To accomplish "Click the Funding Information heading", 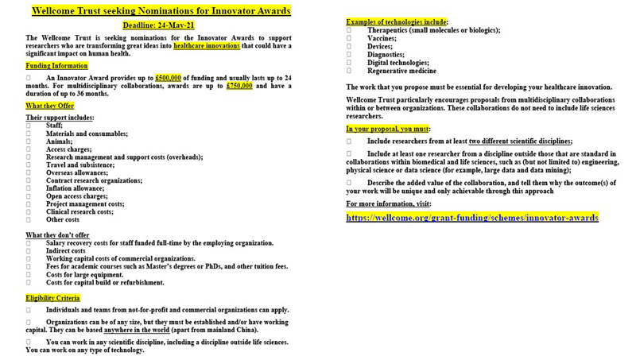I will tap(56, 66).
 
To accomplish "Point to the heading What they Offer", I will tap(49, 106).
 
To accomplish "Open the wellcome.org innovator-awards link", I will tap(472, 217).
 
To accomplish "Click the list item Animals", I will tap(60, 141).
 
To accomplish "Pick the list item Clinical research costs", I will tap(79, 211).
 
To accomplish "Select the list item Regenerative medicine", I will tap(401, 71).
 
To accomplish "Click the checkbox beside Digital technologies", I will tap(349, 63).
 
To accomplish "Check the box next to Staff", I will tap(29, 126).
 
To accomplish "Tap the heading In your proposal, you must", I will tap(388, 128).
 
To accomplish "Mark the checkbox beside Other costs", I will tap(29, 219).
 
